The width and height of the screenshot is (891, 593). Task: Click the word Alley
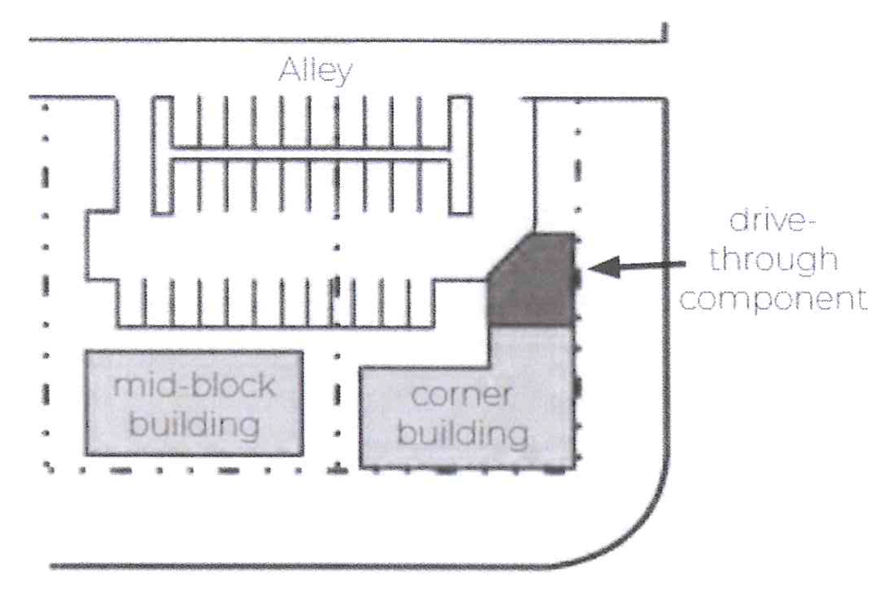tap(315, 72)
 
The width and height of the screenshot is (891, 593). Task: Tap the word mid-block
tap(194, 386)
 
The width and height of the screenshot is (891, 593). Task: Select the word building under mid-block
tap(194, 424)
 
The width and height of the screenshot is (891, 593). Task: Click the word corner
tap(461, 395)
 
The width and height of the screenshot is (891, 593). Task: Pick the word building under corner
tap(462, 433)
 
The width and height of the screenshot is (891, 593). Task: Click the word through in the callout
tap(773, 259)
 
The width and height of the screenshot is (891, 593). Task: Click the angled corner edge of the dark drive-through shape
tap(511, 256)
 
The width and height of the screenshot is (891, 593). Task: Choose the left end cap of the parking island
tap(162, 155)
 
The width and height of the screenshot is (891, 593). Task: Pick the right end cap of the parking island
tap(461, 155)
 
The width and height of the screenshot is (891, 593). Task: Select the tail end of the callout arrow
tap(684, 263)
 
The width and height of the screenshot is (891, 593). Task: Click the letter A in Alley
tap(288, 69)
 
